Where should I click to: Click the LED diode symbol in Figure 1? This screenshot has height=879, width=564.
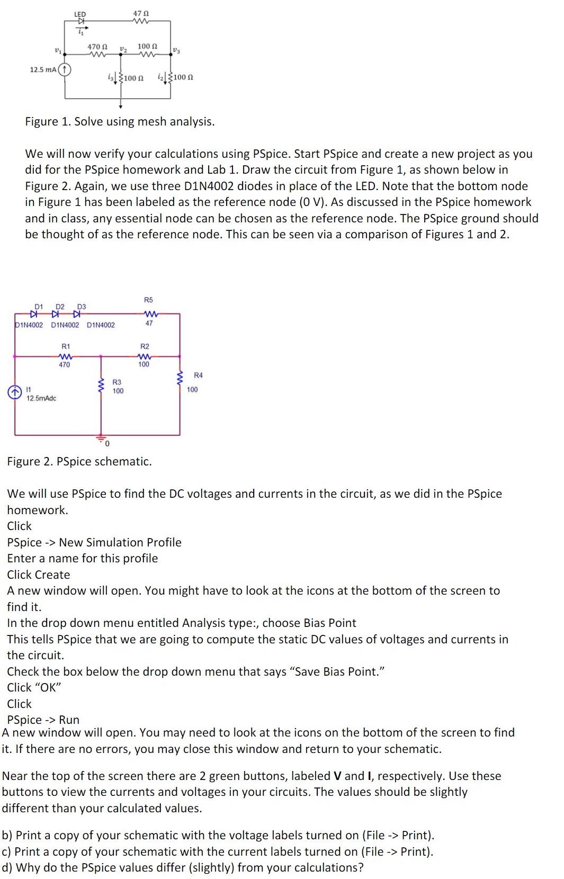click(81, 22)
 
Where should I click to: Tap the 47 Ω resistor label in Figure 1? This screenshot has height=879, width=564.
click(141, 13)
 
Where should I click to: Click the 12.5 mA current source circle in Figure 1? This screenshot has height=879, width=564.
click(65, 70)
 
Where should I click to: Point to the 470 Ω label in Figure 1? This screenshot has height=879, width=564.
click(97, 47)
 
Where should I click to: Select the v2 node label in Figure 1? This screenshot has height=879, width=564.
click(123, 49)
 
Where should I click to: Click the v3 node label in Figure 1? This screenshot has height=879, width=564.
click(176, 51)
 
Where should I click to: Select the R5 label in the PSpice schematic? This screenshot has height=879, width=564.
click(148, 300)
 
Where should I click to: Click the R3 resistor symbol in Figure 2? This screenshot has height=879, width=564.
click(101, 385)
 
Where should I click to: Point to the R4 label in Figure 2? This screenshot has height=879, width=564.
click(198, 375)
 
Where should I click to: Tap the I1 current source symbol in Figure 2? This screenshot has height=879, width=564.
click(15, 392)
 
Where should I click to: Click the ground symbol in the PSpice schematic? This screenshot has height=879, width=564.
click(101, 438)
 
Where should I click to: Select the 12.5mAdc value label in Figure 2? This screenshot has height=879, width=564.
click(41, 398)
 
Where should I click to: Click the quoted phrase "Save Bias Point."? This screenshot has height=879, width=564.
click(336, 671)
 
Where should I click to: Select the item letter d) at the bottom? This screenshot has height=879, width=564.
click(7, 867)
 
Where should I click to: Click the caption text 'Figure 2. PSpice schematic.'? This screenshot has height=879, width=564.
click(79, 461)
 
